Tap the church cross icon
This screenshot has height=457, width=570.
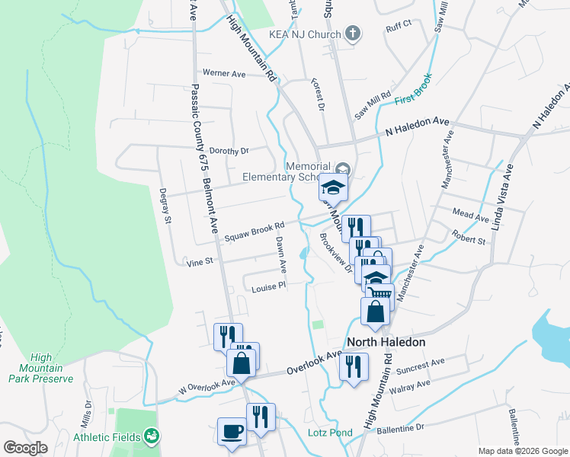point(351,34)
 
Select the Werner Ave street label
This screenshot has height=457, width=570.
point(224,74)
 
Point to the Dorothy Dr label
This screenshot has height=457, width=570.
point(229,151)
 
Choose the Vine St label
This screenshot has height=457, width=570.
point(198,262)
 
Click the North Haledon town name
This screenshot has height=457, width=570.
point(386,342)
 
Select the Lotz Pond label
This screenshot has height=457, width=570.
point(330,433)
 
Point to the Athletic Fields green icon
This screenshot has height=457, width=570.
point(152,436)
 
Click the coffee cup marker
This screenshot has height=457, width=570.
point(232,431)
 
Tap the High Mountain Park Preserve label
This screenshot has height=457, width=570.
point(52,368)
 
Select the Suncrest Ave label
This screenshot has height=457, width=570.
point(421,371)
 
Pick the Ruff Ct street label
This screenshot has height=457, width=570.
point(399,24)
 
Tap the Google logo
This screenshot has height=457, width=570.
point(25,447)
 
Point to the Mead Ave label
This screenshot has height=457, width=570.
point(469,217)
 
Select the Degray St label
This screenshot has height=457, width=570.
point(163,206)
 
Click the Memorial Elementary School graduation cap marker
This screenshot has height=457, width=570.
point(333,187)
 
